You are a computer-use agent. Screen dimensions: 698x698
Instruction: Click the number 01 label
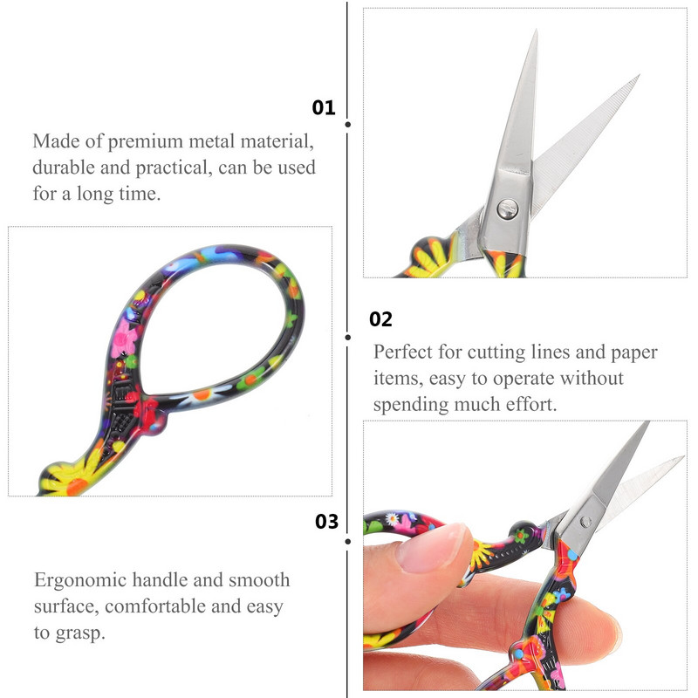pos(323,107)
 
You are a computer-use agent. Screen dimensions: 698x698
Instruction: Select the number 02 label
pos(380,319)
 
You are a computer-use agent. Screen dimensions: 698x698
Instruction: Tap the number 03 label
pos(326,522)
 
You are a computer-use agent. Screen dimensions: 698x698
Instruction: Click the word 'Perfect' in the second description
pos(403,352)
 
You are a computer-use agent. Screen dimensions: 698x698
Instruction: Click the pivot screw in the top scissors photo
pos(508,209)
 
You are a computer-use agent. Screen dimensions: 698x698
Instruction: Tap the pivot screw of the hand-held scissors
pos(585,522)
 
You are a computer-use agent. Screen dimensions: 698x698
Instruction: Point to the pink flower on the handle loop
pos(124,339)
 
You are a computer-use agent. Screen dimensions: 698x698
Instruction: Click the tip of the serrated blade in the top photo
pos(639,76)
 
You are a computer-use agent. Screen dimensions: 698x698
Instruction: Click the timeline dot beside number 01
pos(347,125)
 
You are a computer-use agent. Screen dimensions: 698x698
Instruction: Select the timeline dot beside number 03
pos(347,541)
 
